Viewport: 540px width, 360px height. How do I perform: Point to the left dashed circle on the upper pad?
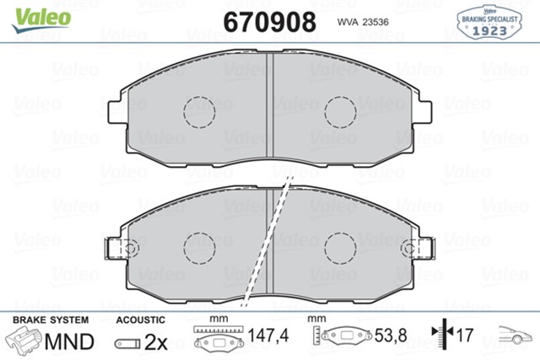(200, 110)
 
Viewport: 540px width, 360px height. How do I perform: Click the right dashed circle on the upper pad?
(342, 110)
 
